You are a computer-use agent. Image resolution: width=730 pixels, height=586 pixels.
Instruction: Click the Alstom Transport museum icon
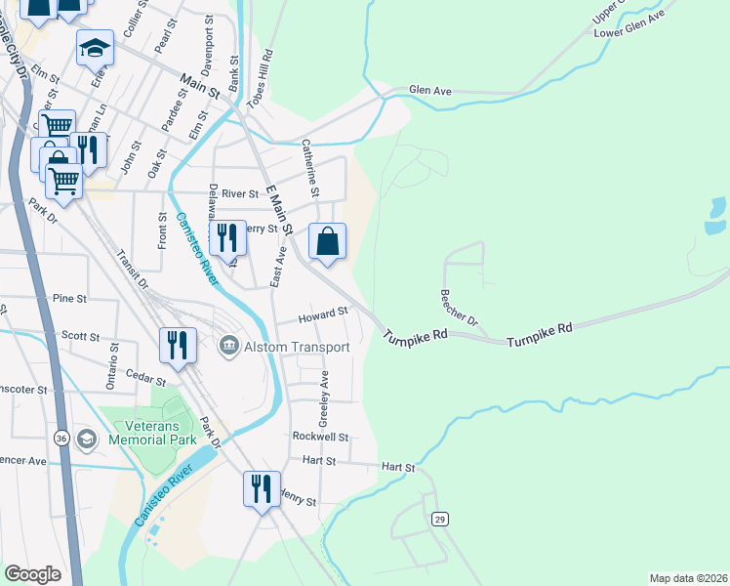pos(229,346)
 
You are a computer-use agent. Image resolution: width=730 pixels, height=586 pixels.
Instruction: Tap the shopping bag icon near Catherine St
pos(328,240)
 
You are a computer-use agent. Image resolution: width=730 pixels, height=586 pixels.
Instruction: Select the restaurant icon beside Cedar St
pos(178,345)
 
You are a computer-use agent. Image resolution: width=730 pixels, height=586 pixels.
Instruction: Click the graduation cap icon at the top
pos(95,48)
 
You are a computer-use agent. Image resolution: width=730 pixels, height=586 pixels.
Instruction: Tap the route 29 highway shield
pos(440,519)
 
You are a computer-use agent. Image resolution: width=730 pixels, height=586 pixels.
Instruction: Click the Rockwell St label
pos(319,437)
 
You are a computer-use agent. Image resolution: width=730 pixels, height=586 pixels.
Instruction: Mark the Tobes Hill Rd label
pos(264,71)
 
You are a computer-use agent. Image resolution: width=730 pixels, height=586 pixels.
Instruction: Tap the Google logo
pos(32,574)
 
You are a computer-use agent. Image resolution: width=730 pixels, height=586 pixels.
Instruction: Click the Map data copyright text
pos(687,577)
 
